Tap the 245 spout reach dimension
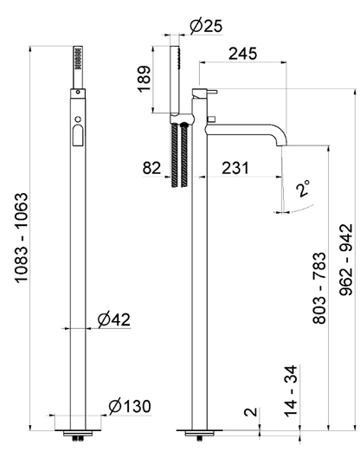(x=243, y=54)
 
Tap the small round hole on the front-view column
(x=77, y=116)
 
